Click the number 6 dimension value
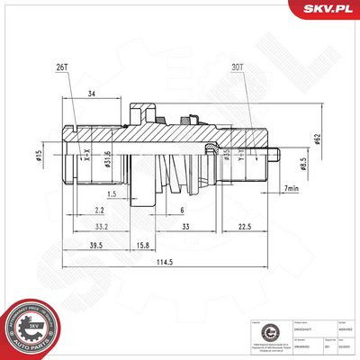click(x=183, y=209)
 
